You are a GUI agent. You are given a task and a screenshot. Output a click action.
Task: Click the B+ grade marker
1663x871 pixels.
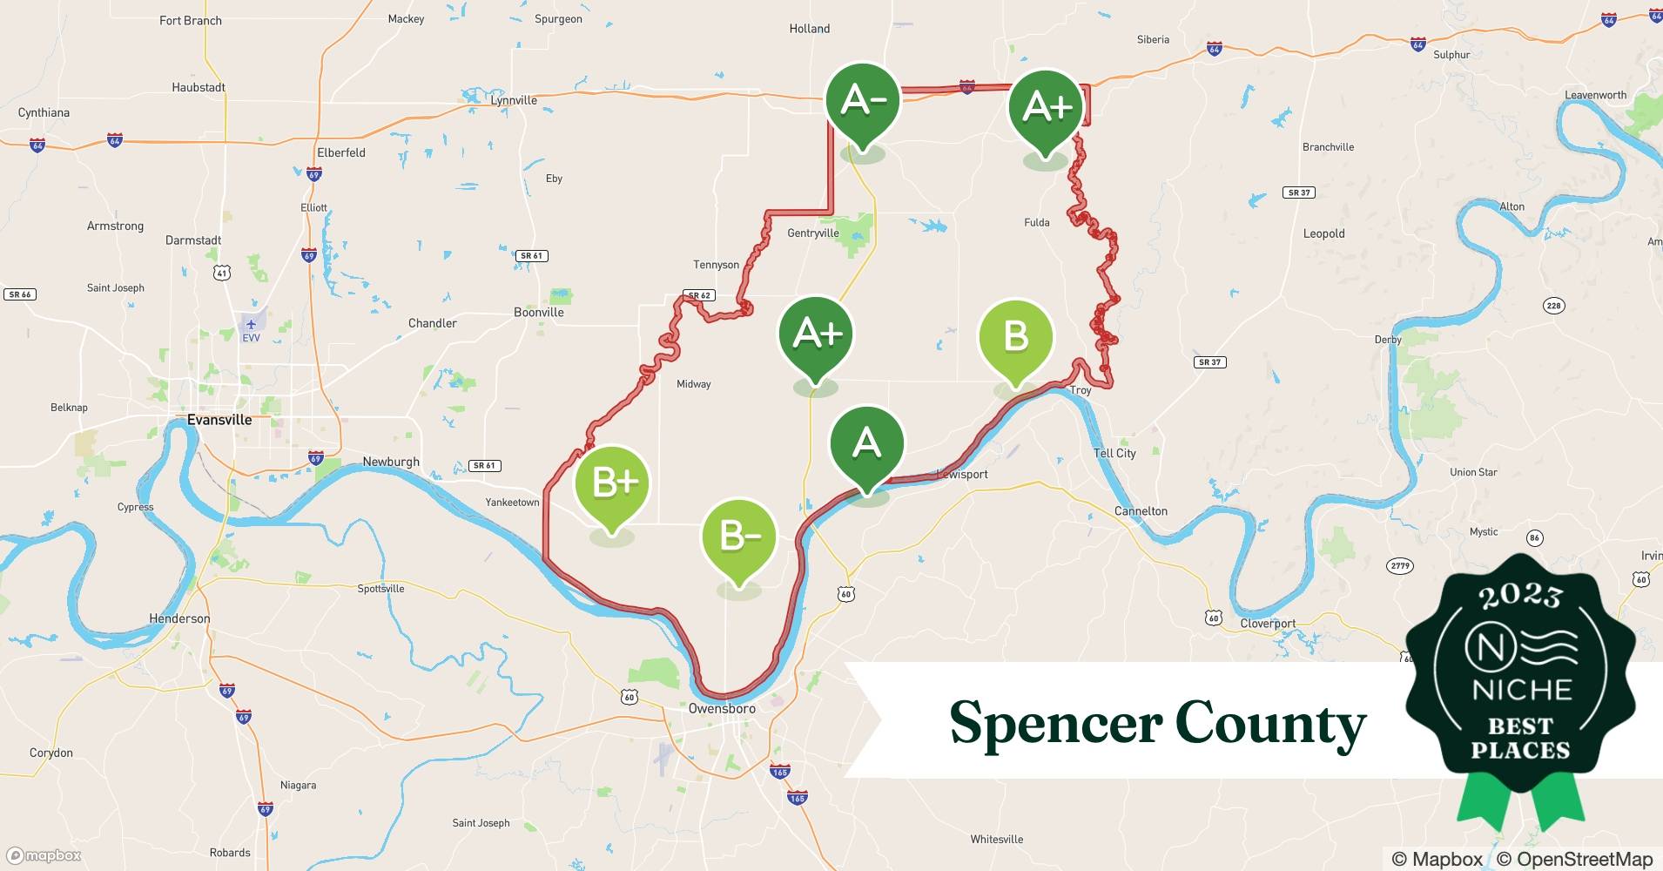(612, 483)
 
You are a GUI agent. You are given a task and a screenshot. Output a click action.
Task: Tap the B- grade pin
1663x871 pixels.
(738, 537)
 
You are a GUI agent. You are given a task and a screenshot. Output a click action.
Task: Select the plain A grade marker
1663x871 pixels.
(866, 443)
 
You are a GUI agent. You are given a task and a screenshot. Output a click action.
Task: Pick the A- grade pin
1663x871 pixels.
(863, 101)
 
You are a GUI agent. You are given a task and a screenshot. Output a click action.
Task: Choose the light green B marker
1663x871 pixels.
(1015, 336)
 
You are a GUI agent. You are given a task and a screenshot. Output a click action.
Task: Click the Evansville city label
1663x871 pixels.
(219, 420)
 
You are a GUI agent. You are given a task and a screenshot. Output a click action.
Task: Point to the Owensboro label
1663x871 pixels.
(722, 709)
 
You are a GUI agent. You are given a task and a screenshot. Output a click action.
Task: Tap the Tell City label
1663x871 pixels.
(1114, 453)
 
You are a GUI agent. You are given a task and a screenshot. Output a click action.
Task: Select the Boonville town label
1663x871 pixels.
(539, 313)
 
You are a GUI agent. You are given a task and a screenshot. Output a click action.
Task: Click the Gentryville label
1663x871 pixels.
(812, 233)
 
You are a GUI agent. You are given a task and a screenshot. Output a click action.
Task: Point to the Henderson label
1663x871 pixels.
(179, 618)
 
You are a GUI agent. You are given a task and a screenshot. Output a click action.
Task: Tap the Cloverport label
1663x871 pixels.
(1268, 624)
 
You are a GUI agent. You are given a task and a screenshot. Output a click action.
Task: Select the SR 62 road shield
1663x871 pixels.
(700, 295)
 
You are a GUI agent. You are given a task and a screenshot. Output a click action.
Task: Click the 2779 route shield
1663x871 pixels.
(1399, 566)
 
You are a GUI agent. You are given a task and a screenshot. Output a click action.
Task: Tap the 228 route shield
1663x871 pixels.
(1553, 305)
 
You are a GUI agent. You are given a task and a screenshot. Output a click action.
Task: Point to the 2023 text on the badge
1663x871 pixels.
(1520, 595)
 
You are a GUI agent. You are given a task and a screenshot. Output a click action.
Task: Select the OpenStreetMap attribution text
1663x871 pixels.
(1574, 859)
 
